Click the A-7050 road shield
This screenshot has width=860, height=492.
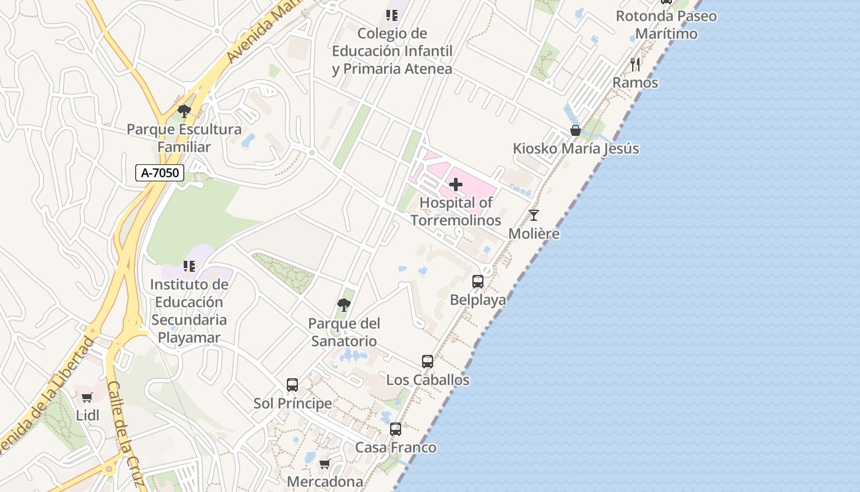[160, 173]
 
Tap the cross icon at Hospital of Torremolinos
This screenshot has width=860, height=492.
[456, 184]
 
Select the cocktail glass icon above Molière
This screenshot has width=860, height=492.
[534, 215]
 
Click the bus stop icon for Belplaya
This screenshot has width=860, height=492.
[478, 282]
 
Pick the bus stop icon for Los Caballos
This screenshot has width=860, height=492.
[428, 362]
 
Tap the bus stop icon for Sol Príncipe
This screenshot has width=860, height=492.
[292, 385]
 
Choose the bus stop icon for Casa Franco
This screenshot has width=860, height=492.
[396, 429]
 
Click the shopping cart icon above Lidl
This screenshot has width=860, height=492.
[87, 398]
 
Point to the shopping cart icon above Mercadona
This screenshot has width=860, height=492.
[325, 464]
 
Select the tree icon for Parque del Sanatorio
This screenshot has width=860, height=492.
[344, 304]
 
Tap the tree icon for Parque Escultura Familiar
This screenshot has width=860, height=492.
[184, 111]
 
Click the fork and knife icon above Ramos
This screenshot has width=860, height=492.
[635, 64]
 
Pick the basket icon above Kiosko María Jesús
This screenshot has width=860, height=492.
[576, 130]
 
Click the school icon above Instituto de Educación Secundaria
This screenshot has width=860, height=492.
[189, 266]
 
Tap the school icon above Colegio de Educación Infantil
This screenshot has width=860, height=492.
[392, 15]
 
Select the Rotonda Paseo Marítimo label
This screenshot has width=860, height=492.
[666, 25]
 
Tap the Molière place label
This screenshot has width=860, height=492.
[534, 234]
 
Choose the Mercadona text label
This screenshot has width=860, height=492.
[325, 481]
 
